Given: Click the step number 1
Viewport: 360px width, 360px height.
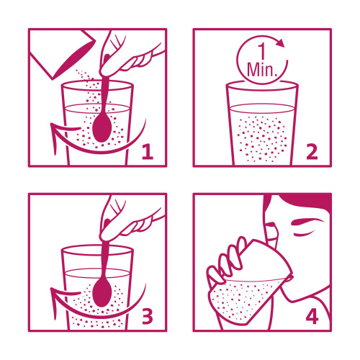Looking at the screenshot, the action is [x=148, y=152].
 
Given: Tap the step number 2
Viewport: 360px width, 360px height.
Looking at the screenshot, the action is [x=312, y=152].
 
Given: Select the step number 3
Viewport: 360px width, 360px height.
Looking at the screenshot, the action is [x=148, y=316].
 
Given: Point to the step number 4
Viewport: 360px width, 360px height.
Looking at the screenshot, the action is [x=312, y=316].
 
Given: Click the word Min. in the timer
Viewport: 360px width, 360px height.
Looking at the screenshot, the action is [x=261, y=70].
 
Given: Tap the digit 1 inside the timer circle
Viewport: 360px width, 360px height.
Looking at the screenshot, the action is [x=262, y=51].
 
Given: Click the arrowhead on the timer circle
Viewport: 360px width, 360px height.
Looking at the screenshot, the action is [x=280, y=42].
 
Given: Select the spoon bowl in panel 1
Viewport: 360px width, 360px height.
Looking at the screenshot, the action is [x=102, y=128].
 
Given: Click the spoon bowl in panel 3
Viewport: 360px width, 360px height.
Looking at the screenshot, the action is [x=102, y=293].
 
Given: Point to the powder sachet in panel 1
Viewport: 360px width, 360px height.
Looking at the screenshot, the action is [x=63, y=54].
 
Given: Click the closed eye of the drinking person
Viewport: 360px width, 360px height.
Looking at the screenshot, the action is [x=305, y=233].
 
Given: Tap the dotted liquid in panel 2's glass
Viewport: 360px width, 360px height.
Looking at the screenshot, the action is [x=261, y=138].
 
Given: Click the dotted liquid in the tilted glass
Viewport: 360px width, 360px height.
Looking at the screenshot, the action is [x=243, y=301].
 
